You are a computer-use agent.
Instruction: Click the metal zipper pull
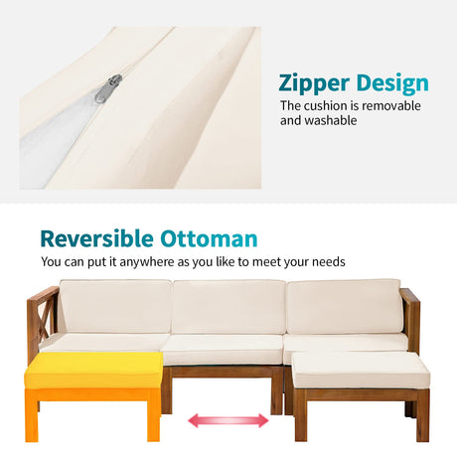coord(108,88)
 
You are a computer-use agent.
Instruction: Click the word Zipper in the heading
coord(314,83)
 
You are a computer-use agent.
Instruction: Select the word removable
coord(391,106)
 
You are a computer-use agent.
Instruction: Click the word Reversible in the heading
coord(96,238)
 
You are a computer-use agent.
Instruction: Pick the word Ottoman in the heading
coord(209,238)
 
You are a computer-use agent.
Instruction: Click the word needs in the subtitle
coord(329,262)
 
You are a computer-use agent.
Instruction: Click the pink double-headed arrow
coord(228,420)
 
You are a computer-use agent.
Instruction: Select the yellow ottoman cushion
coord(93,371)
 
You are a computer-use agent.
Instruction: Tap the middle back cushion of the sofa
coord(228,307)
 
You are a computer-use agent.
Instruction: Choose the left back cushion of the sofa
coord(116,306)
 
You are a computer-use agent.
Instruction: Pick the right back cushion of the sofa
coord(345,306)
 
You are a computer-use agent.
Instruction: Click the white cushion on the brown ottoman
coord(361,371)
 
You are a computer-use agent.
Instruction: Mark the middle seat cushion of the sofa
coord(224,351)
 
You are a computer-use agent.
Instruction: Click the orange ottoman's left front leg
coord(32,415)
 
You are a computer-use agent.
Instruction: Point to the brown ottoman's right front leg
coord(423,415)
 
